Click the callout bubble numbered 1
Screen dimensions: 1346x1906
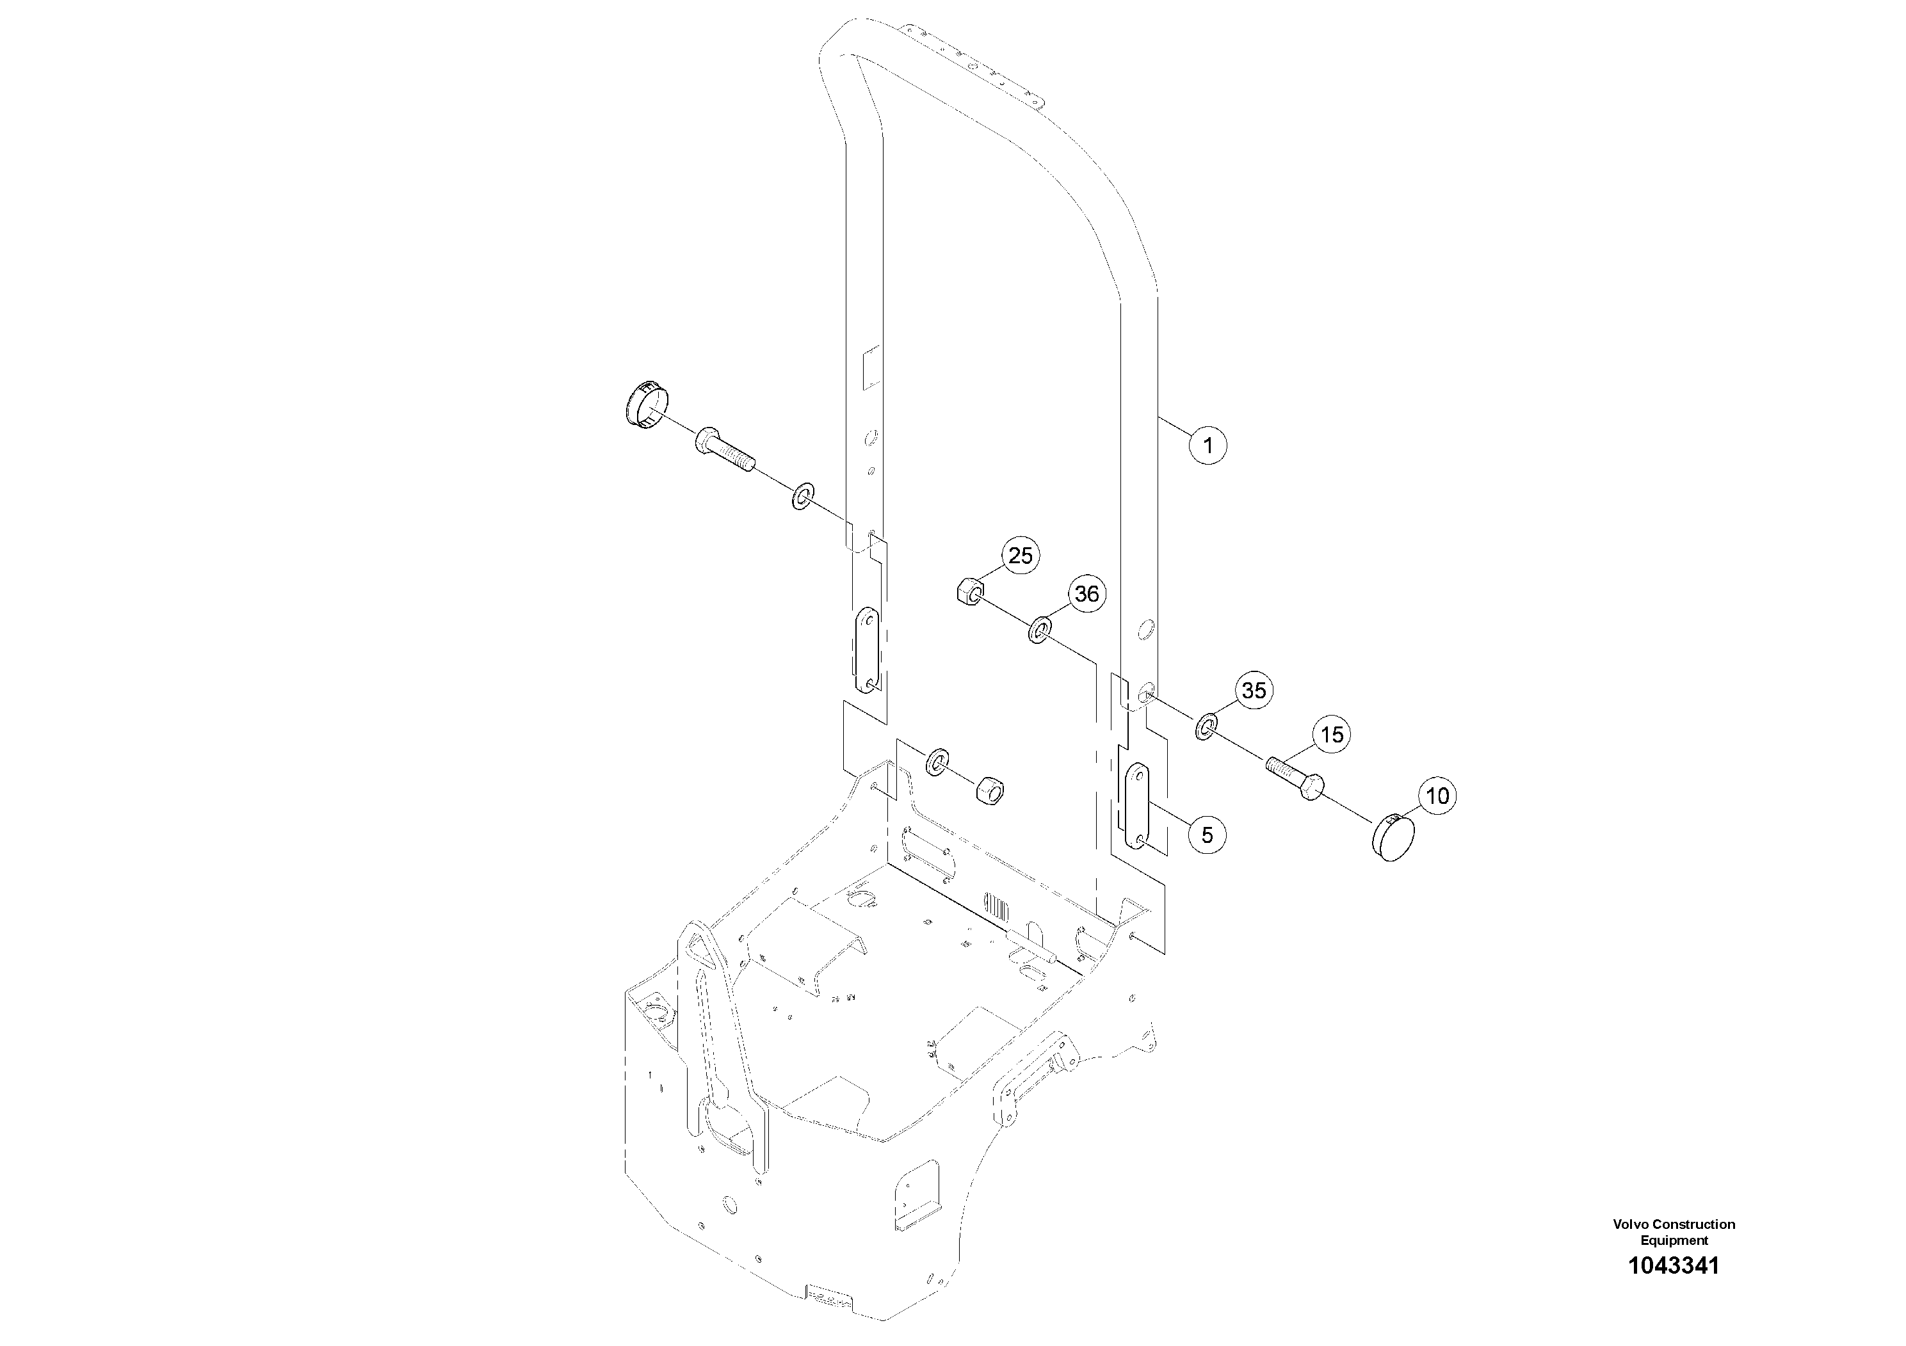(1208, 445)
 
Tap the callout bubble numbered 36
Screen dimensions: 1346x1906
(1086, 594)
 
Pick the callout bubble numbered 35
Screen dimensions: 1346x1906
(1254, 691)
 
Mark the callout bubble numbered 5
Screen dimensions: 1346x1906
(1207, 835)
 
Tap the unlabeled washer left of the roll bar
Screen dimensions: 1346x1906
(803, 496)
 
